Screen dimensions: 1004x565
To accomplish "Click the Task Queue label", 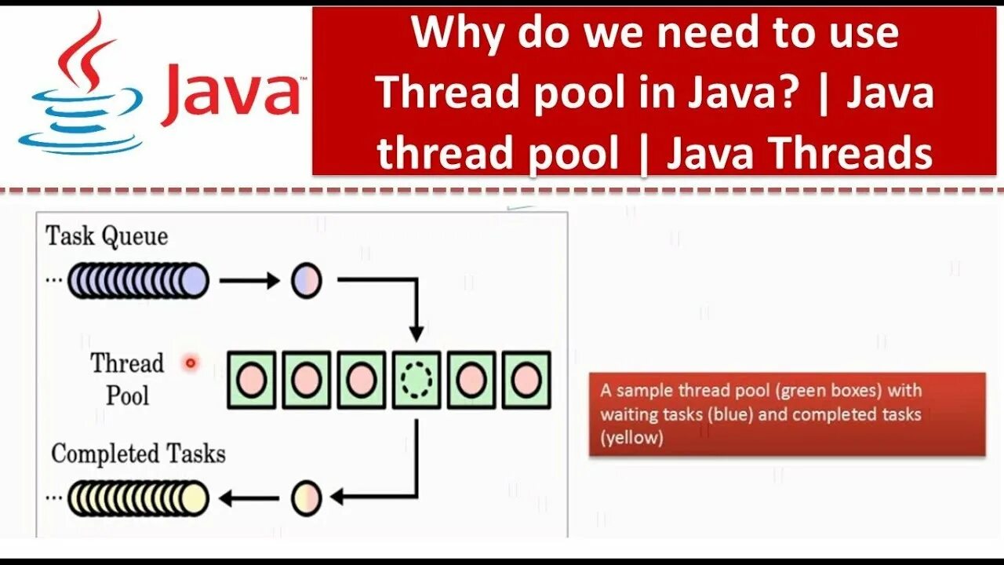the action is [x=107, y=236].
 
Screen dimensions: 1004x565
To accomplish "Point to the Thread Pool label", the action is [x=127, y=378].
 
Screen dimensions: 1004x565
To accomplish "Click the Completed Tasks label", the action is [x=138, y=454].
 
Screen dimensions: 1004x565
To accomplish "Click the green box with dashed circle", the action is [x=417, y=380].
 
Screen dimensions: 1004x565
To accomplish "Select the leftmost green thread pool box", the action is [x=252, y=380].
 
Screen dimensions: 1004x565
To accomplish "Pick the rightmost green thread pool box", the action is [x=526, y=380].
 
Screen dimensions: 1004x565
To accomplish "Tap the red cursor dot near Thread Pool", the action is [x=190, y=363].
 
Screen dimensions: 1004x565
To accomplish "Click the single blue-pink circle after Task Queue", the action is [x=307, y=280].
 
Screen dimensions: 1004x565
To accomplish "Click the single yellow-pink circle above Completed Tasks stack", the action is [x=307, y=498].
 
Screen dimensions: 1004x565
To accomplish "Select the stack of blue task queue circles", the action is [x=138, y=280].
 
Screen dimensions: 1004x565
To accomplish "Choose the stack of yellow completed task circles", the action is [x=138, y=498].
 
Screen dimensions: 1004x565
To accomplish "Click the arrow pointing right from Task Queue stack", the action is [x=249, y=280].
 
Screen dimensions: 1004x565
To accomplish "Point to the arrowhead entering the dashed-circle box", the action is [x=417, y=334].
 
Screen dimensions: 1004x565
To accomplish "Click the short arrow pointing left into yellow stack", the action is [x=249, y=498].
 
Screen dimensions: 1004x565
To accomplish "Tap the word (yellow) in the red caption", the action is [x=631, y=438].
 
